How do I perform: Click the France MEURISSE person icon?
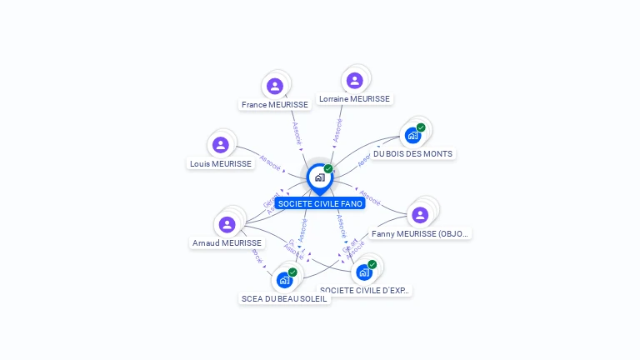[x=274, y=86]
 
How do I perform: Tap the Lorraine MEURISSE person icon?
[x=354, y=80]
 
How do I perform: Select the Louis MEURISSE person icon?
[x=221, y=145]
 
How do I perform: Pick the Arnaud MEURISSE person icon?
[x=227, y=224]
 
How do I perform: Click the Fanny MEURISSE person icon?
[x=420, y=215]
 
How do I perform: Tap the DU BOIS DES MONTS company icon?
[x=412, y=135]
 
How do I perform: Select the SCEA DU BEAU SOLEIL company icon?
[x=284, y=280]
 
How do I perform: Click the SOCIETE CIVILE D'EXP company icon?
[x=364, y=272]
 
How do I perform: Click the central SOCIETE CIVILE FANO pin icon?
[x=319, y=177]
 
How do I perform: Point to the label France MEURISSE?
[x=274, y=105]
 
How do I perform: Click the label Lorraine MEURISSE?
[x=354, y=98]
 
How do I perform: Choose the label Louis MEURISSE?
[x=221, y=164]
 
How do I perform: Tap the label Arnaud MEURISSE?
[x=227, y=243]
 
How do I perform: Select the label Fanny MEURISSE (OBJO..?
[x=420, y=234]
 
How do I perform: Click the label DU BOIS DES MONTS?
[x=412, y=154]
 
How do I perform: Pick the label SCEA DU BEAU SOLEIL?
[x=284, y=299]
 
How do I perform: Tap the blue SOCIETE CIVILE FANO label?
[x=320, y=204]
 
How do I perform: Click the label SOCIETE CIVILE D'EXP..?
[x=365, y=291]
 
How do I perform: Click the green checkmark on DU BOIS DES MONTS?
[x=421, y=127]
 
